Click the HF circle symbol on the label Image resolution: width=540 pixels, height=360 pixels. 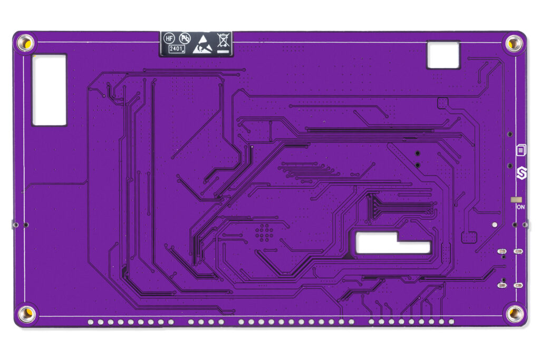(x=169, y=38)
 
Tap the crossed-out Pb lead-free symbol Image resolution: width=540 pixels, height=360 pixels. (x=185, y=38)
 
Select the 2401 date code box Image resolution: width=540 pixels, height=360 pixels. (x=176, y=49)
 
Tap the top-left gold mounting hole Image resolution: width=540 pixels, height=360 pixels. (x=25, y=43)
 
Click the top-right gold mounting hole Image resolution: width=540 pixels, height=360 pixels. (x=514, y=43)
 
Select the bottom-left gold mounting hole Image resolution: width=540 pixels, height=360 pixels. (x=26, y=314)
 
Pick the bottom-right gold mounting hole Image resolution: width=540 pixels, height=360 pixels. (x=515, y=314)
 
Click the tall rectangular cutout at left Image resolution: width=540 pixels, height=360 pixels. (x=49, y=90)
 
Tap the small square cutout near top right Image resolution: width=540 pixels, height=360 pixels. (x=443, y=55)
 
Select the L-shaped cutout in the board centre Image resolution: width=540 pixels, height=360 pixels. (x=392, y=242)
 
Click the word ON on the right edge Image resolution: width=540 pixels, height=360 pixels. (x=520, y=207)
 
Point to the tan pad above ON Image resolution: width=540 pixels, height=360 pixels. (x=516, y=200)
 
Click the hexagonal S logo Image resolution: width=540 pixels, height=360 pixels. (x=521, y=172)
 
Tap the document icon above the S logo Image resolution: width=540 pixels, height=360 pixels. (x=520, y=150)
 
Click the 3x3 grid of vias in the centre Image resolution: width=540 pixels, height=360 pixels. (x=264, y=232)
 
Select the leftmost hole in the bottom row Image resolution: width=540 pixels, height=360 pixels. (x=91, y=322)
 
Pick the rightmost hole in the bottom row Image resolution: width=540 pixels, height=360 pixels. (x=451, y=322)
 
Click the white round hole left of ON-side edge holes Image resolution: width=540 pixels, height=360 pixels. (x=494, y=225)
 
